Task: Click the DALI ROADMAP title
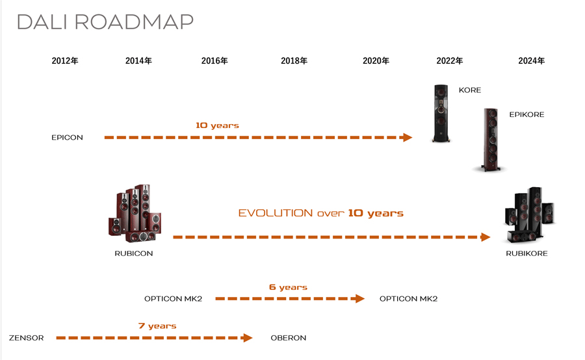(x=105, y=22)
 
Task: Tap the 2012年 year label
(x=65, y=61)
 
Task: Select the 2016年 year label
(x=214, y=61)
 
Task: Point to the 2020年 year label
(x=376, y=61)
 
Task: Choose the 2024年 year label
(x=532, y=61)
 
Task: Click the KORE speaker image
(x=441, y=114)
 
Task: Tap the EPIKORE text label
(x=526, y=114)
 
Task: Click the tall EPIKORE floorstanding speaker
(x=491, y=140)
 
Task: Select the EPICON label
(x=67, y=138)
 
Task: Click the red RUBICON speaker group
(x=135, y=213)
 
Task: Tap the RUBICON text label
(x=133, y=253)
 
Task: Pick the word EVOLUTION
(x=276, y=213)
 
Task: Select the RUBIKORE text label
(x=526, y=253)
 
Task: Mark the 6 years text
(x=289, y=287)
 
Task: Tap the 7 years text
(x=157, y=326)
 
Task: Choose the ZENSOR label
(x=27, y=338)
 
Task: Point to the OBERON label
(x=289, y=338)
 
